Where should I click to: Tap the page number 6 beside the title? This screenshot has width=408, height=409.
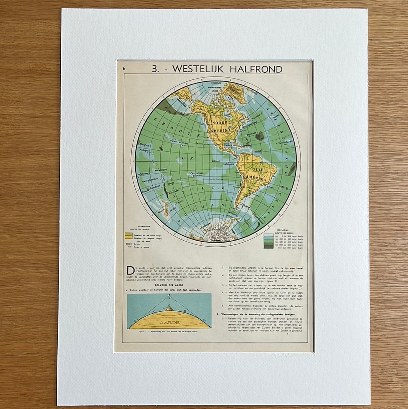(124, 68)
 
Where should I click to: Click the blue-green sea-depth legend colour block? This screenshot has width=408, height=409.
(268, 240)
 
